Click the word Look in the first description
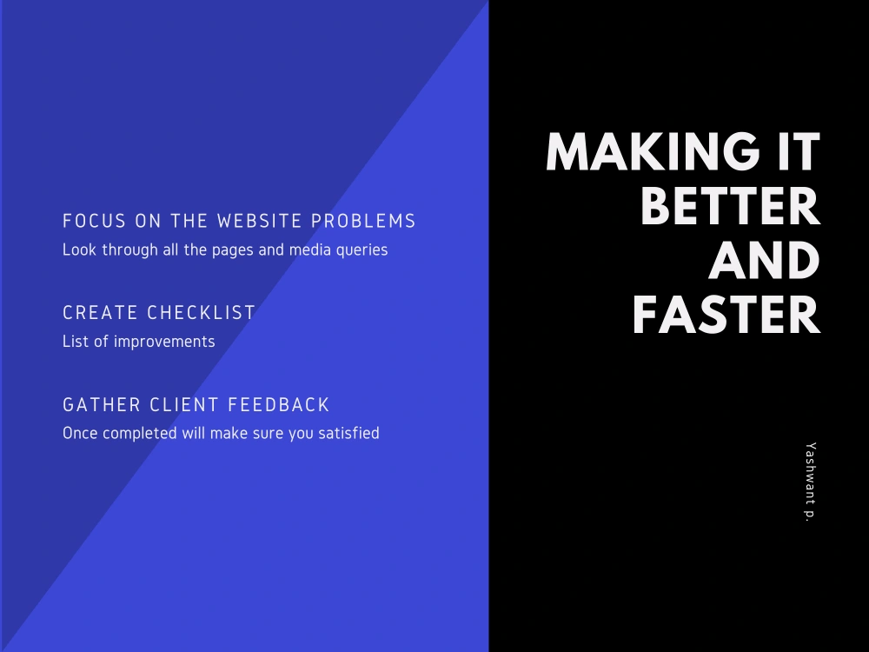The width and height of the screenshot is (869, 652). point(79,249)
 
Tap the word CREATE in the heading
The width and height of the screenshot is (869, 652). point(100,313)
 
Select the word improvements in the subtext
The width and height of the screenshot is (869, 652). point(164,342)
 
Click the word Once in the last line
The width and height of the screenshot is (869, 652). point(81,433)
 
